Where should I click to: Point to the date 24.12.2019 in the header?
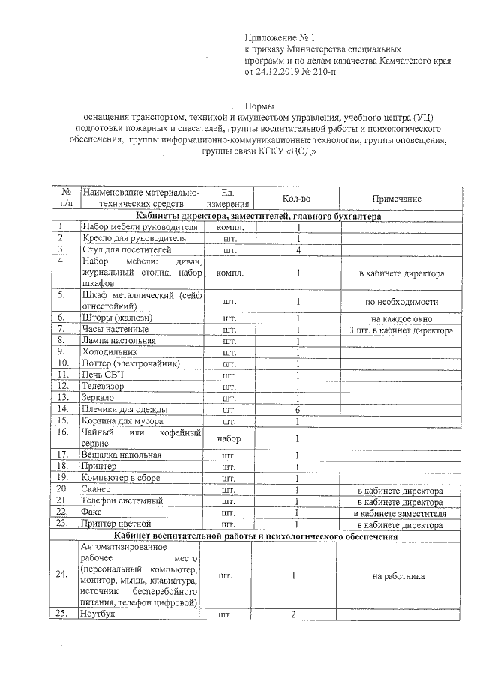click(283, 73)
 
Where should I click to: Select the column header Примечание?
click(396, 199)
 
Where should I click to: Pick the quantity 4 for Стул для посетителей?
click(298, 249)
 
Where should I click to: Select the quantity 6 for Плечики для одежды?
click(298, 410)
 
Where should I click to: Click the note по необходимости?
click(396, 301)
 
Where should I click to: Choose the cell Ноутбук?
click(100, 614)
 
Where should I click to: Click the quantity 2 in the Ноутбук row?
click(294, 614)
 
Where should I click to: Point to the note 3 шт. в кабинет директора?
click(400, 330)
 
